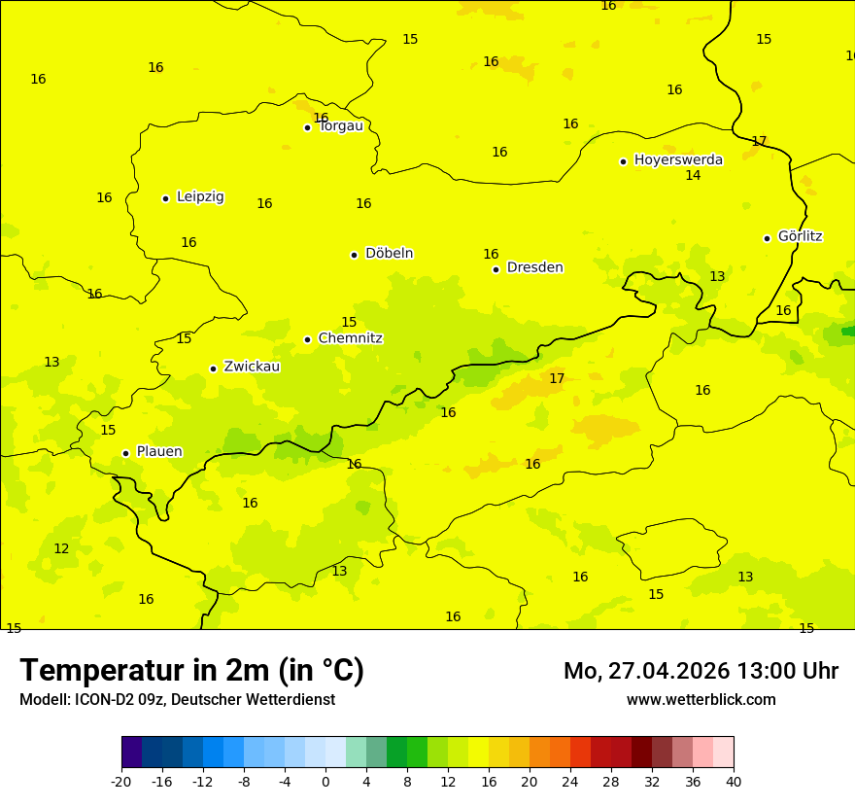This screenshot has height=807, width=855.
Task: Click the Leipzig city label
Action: click(200, 196)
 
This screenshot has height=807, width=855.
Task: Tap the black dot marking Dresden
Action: click(496, 269)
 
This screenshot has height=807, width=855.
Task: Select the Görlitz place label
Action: click(800, 236)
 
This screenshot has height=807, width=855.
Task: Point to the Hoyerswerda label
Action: click(678, 159)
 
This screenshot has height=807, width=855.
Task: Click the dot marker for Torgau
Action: click(307, 127)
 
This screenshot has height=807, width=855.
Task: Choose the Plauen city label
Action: click(158, 451)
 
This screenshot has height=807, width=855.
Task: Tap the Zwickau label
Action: click(252, 367)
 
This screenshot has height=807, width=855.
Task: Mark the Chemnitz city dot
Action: click(307, 339)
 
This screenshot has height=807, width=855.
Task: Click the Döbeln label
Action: click(389, 253)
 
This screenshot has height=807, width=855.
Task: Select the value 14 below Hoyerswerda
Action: click(693, 176)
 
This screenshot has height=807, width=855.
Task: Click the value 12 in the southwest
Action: click(61, 549)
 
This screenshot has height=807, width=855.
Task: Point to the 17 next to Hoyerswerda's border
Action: click(759, 141)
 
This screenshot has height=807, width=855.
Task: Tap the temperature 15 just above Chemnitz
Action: click(349, 323)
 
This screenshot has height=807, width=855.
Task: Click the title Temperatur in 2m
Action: click(191, 671)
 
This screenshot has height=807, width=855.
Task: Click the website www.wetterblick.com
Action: click(701, 700)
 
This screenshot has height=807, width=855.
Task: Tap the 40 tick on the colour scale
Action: click(734, 781)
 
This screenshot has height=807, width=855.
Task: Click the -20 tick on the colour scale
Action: click(121, 781)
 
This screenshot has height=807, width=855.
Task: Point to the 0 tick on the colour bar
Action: click(325, 781)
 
